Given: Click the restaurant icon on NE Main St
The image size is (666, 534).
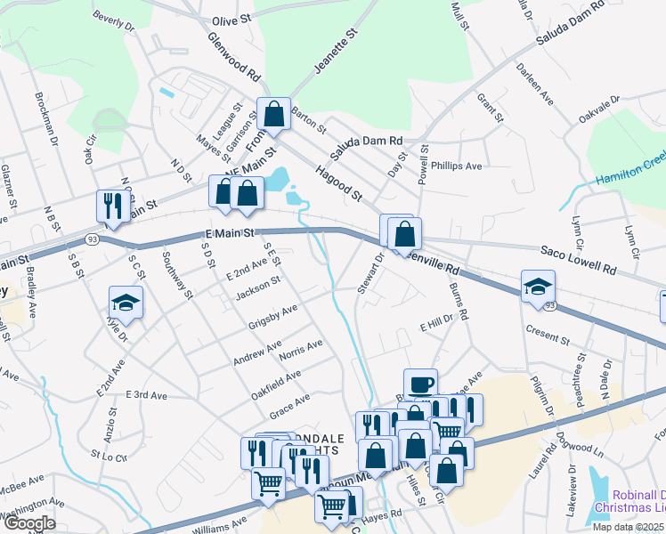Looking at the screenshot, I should pyautogui.click(x=111, y=206).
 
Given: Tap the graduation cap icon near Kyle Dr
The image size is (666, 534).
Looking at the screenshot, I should pyautogui.click(x=126, y=303).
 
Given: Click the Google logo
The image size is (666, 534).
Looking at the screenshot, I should pyautogui.click(x=28, y=523).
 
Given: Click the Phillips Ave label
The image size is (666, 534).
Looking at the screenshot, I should pyautogui.click(x=456, y=166).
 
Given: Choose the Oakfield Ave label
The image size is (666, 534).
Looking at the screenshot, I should pyautogui.click(x=276, y=381).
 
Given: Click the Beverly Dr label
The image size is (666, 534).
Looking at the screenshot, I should pyautogui.click(x=111, y=18).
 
